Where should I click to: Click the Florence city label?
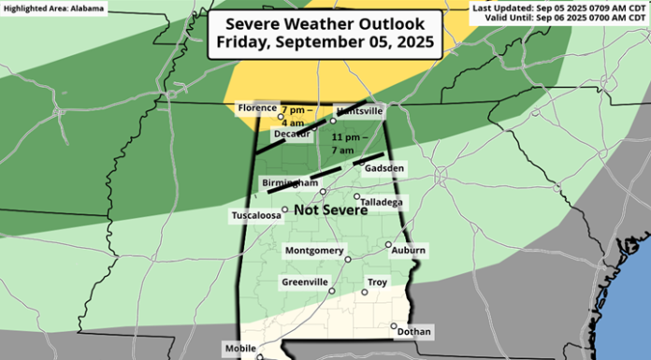[x=256, y=108]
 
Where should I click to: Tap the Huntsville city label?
[x=359, y=110]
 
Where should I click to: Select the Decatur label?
[x=291, y=135]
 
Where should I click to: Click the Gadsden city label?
[x=384, y=168]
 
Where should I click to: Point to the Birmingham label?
[x=292, y=183]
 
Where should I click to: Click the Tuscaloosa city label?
[x=256, y=216]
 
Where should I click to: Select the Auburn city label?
[x=409, y=251]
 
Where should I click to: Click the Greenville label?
[x=305, y=281]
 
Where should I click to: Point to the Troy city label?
[x=377, y=281]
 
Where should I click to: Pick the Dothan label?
[x=414, y=332]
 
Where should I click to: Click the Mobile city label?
[x=239, y=348]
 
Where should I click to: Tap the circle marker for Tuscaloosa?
[x=285, y=210]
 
